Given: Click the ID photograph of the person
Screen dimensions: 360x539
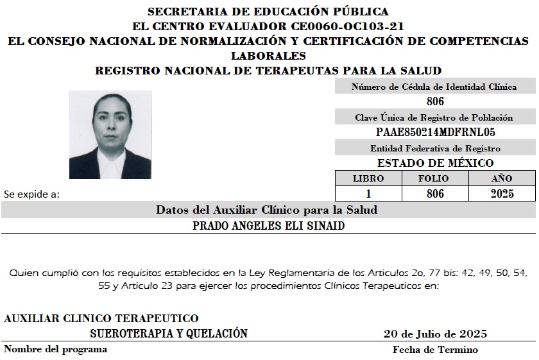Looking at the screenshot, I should pyautogui.click(x=110, y=135).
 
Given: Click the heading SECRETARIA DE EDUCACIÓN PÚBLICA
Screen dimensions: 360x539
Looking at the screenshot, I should pyautogui.click(x=268, y=12).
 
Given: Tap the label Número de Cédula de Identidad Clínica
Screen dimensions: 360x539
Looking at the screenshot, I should pyautogui.click(x=434, y=87).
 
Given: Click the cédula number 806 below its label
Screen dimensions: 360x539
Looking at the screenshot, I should pyautogui.click(x=434, y=101).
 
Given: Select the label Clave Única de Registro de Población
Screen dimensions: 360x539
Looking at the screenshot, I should pyautogui.click(x=434, y=117).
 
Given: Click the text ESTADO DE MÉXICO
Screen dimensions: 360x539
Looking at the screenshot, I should pyautogui.click(x=434, y=163).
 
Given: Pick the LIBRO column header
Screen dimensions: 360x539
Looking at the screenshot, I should pyautogui.click(x=368, y=178).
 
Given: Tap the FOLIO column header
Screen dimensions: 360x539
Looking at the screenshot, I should pyautogui.click(x=435, y=178).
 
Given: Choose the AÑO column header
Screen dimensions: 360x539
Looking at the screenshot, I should pyautogui.click(x=502, y=178).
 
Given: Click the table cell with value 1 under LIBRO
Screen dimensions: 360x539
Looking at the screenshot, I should pyautogui.click(x=368, y=193).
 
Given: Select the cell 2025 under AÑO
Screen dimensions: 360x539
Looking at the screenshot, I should pyautogui.click(x=502, y=193).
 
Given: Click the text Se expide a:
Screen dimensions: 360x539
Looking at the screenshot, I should pyautogui.click(x=31, y=193).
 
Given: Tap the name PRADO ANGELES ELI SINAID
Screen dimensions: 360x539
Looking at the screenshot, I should pyautogui.click(x=268, y=226).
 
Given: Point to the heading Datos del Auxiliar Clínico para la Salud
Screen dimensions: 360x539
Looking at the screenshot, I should pyautogui.click(x=266, y=210).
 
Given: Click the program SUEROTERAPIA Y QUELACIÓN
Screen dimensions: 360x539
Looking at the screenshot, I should pyautogui.click(x=169, y=334).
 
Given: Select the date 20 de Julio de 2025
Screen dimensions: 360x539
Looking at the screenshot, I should pyautogui.click(x=435, y=334).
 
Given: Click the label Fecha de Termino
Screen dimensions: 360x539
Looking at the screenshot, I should pyautogui.click(x=435, y=350).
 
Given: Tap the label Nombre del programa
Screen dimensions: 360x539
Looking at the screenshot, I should pyautogui.click(x=56, y=350).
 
